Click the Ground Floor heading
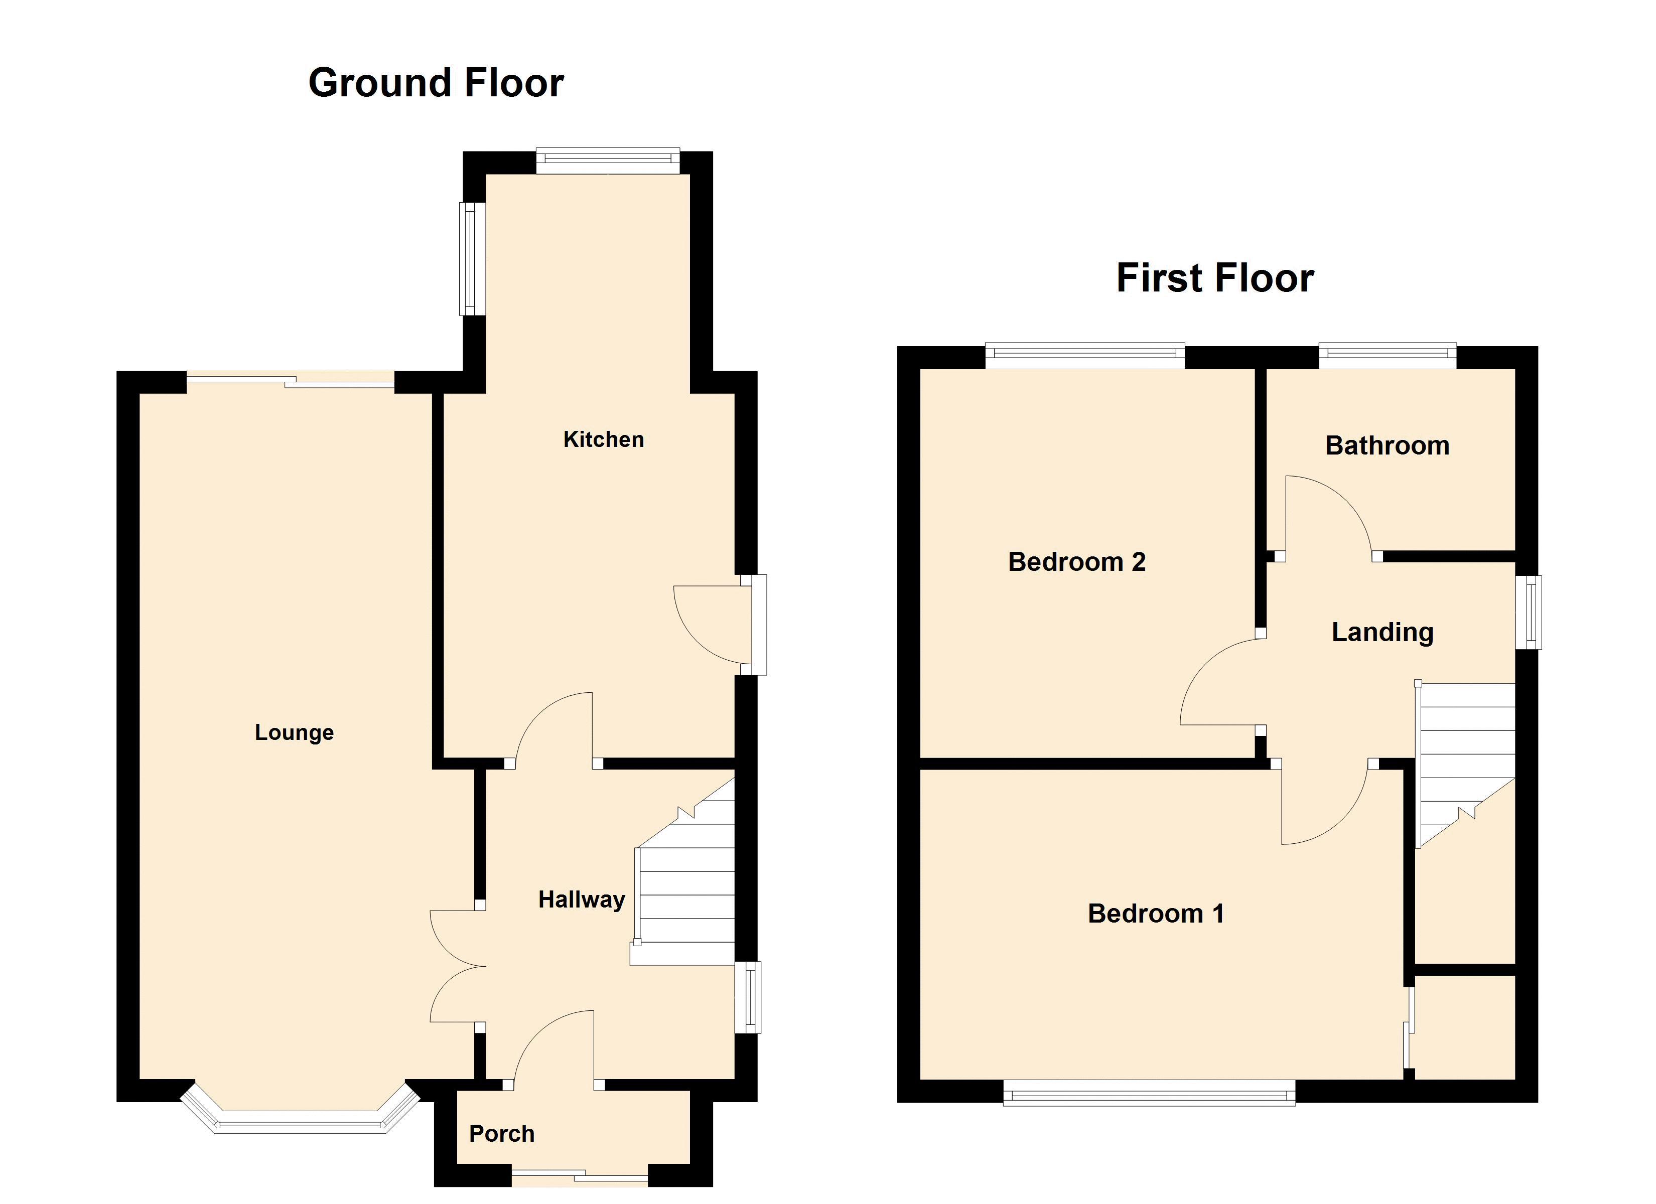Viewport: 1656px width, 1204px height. click(x=436, y=82)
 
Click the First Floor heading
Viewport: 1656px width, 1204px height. click(x=1215, y=278)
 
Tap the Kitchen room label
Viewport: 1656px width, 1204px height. click(x=604, y=439)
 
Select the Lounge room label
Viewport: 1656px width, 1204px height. click(x=294, y=732)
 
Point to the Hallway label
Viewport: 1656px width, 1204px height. click(x=582, y=899)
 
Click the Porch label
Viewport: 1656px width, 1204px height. click(x=502, y=1134)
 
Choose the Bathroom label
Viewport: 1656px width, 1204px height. click(x=1388, y=445)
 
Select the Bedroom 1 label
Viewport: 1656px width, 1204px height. click(x=1156, y=914)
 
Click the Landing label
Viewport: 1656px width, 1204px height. click(x=1383, y=632)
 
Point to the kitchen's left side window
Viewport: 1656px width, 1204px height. click(x=472, y=258)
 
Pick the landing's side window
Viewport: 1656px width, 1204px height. click(x=1528, y=612)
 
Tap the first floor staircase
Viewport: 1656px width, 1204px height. click(x=1465, y=765)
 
